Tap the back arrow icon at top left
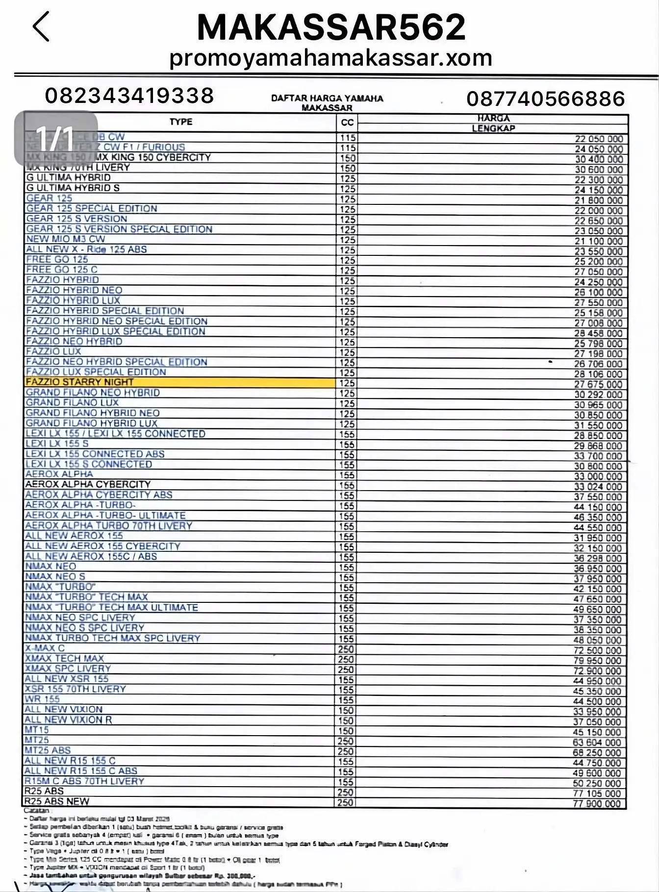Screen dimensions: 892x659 click(x=41, y=26)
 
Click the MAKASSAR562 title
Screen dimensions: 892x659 click(x=331, y=27)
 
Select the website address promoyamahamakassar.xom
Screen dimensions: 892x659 click(x=330, y=58)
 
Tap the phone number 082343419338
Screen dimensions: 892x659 click(x=129, y=96)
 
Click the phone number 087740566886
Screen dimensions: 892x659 click(x=546, y=99)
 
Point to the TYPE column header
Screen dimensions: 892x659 click(x=181, y=122)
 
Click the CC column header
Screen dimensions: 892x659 click(x=347, y=123)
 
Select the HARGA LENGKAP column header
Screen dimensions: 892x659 click(x=493, y=123)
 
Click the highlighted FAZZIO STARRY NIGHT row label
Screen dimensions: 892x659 click(x=79, y=382)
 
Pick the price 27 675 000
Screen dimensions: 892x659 click(x=598, y=384)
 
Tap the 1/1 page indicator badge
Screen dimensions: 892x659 click(x=55, y=138)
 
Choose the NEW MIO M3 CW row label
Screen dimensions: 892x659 click(x=65, y=239)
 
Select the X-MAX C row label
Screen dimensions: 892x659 click(x=45, y=648)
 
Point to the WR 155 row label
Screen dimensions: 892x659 click(x=42, y=699)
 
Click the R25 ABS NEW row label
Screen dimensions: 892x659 click(x=57, y=801)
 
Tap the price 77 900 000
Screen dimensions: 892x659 click(x=597, y=804)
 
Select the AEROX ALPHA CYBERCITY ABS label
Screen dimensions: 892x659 click(x=99, y=495)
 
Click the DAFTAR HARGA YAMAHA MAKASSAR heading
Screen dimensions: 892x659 click(x=327, y=103)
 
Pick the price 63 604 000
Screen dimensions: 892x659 click(x=597, y=743)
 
